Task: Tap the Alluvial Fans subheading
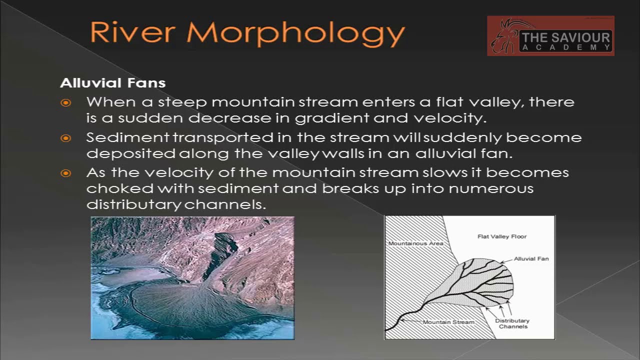[x=113, y=82]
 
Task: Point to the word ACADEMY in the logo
[x=565, y=47]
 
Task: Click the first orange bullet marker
[x=66, y=103]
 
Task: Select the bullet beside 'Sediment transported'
[x=66, y=138]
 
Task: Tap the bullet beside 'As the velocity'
[x=66, y=173]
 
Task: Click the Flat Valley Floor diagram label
[x=502, y=236]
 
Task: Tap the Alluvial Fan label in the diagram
[x=531, y=259]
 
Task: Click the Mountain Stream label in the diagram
[x=448, y=322]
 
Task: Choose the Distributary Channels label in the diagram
[x=512, y=323]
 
